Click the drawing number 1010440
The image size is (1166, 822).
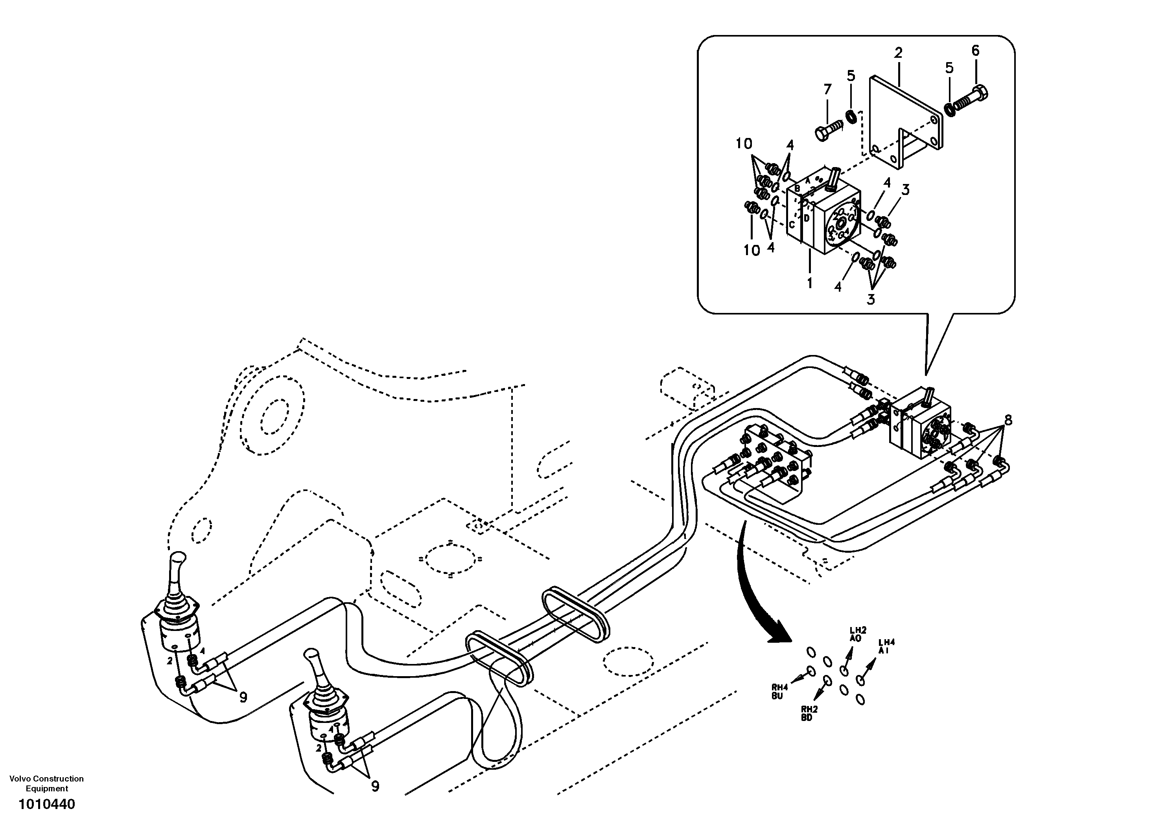tap(47, 805)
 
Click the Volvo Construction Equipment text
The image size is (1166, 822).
tap(47, 783)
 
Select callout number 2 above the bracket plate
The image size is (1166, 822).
tap(898, 52)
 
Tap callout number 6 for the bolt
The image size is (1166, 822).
tap(975, 50)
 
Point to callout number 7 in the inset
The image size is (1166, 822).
tap(827, 89)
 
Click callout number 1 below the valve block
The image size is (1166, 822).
tap(809, 283)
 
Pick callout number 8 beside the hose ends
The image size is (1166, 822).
tap(1008, 420)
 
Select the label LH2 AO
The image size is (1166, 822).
tap(856, 634)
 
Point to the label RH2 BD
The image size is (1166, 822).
tap(809, 714)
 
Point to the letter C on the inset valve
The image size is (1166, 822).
tap(792, 224)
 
